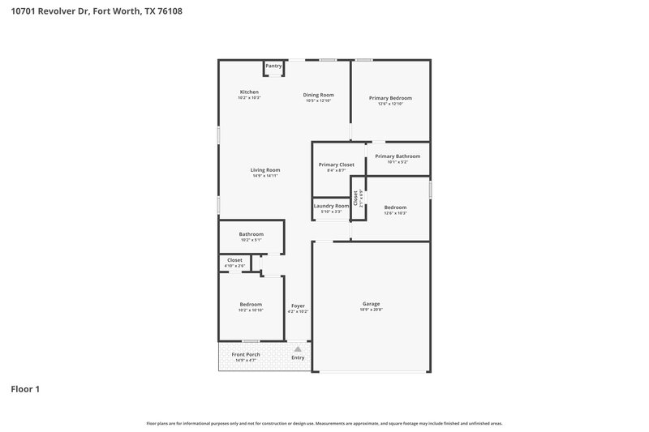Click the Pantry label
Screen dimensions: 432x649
coord(273,66)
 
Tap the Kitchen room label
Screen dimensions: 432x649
coord(249,92)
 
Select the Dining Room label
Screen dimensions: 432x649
coord(319,95)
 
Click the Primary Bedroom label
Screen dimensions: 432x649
coord(390,98)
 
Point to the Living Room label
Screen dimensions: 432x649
coord(265,170)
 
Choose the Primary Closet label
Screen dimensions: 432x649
coord(336,165)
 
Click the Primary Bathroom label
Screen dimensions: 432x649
coord(398,156)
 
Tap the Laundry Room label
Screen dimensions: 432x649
coord(331,206)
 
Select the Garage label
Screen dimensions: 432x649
coord(371,304)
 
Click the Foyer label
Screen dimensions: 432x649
coord(298,306)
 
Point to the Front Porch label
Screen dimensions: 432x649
coord(246,354)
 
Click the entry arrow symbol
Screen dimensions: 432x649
coord(297,349)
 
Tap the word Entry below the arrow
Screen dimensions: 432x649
coord(298,357)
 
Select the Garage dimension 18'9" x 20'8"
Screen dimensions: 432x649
coord(371,310)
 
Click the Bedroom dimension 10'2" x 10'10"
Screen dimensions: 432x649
coord(250,310)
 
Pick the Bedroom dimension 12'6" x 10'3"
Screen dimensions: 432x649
coord(395,212)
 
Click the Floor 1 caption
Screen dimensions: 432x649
coord(25,389)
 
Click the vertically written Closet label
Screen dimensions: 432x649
coord(355,198)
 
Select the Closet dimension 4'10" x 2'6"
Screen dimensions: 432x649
coord(234,266)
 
